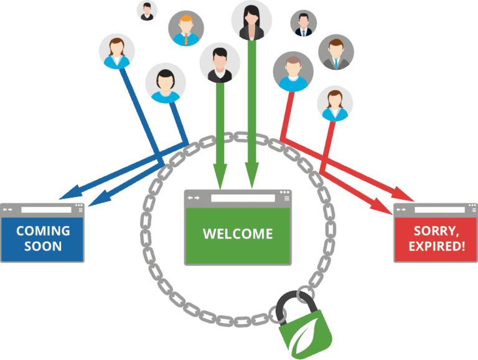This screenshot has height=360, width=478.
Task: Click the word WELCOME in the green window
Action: (x=238, y=234)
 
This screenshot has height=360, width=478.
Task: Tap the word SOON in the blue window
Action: (x=43, y=246)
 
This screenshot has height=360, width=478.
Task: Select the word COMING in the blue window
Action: (x=43, y=231)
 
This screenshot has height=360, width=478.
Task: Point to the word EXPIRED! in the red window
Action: (x=436, y=246)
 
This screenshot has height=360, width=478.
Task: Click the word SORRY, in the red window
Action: (x=436, y=231)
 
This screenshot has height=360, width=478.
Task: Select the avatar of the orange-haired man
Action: (x=186, y=28)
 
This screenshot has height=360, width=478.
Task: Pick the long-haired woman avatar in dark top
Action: (x=251, y=20)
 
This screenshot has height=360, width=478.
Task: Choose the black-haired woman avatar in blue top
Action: (x=166, y=83)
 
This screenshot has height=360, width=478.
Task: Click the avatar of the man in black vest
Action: (x=219, y=63)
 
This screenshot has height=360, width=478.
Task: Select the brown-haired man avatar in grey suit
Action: (x=336, y=52)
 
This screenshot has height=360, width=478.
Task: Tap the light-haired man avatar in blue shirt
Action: (x=293, y=71)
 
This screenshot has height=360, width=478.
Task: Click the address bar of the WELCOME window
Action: (x=243, y=198)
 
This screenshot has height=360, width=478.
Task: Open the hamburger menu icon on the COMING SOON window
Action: (x=79, y=211)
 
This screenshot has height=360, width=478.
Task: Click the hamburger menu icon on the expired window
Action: (x=472, y=211)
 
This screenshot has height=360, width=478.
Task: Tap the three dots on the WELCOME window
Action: (x=285, y=192)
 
